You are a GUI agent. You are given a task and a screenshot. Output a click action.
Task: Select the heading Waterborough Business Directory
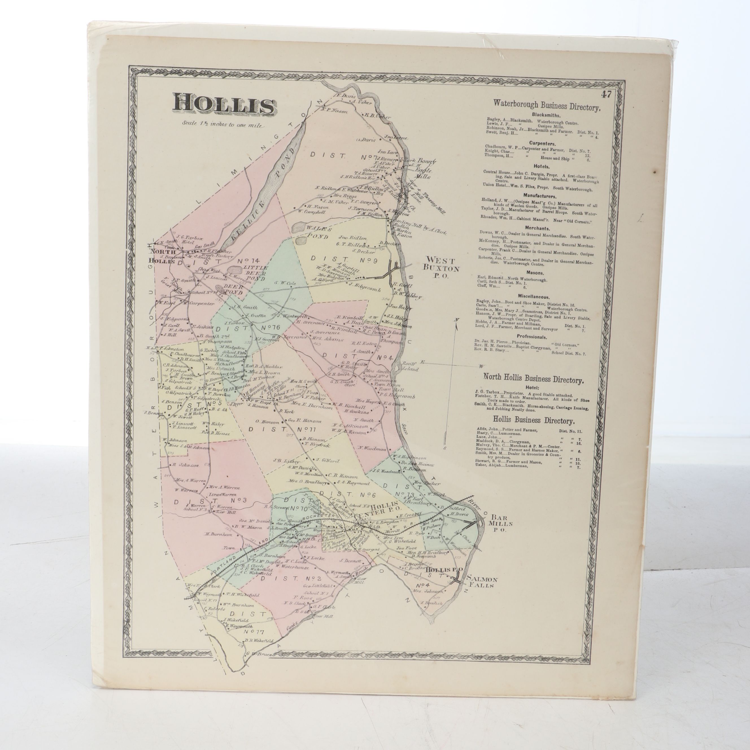coord(547,106)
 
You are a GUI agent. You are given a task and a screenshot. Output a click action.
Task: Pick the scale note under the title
coord(223,125)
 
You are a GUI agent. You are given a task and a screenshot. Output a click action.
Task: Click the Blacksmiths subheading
coord(546,115)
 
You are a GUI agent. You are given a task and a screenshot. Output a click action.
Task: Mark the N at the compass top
coord(457,319)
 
